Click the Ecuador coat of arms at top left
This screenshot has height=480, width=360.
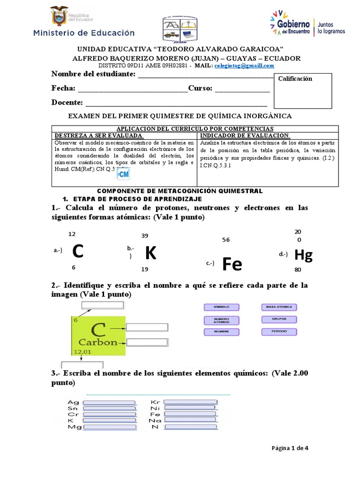(x=59, y=16)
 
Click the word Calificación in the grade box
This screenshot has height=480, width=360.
(x=295, y=79)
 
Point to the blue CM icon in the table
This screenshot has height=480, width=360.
(x=123, y=174)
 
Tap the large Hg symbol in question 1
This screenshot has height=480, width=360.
(x=303, y=255)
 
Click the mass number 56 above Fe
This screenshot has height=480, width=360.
(x=226, y=240)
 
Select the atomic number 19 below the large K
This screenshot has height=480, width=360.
(x=144, y=269)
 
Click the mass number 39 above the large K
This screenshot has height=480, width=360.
(x=145, y=236)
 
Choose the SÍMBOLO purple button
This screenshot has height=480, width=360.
(x=221, y=307)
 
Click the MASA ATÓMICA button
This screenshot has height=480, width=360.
(x=279, y=307)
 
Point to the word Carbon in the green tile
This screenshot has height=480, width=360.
(x=97, y=342)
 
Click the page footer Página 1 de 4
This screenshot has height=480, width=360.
(x=290, y=448)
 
